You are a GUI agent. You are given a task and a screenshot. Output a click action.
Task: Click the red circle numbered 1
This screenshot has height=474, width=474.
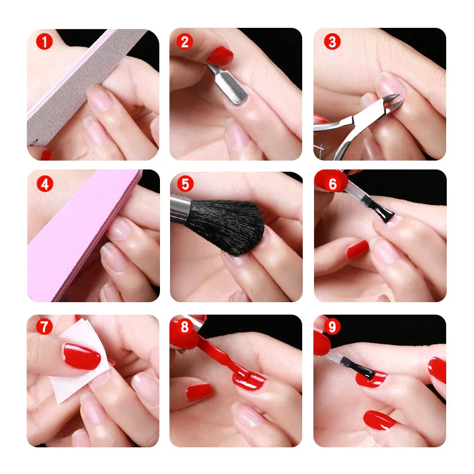(44, 41)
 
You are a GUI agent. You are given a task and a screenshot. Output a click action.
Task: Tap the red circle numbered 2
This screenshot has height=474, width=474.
(184, 41)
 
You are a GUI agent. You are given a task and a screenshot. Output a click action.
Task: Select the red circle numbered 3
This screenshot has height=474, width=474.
(332, 41)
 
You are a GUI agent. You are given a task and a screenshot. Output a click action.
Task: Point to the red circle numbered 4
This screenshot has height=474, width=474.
(45, 184)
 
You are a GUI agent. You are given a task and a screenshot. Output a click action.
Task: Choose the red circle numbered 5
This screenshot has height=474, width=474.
(185, 184)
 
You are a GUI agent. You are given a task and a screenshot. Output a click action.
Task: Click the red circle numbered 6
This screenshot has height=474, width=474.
(332, 184)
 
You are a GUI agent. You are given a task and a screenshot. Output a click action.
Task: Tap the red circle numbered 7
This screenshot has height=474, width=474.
(44, 326)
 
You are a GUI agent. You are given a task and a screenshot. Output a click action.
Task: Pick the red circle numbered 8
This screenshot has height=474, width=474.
(184, 326)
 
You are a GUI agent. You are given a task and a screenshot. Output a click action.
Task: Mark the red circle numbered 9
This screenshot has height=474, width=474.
(332, 326)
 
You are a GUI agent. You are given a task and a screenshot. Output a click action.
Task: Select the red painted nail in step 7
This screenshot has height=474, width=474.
(81, 356)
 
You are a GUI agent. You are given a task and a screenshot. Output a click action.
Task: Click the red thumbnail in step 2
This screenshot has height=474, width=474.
(220, 56)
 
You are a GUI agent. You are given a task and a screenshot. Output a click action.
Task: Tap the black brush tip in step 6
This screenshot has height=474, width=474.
(384, 213)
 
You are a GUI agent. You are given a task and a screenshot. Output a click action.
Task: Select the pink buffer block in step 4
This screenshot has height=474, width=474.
(82, 236)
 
